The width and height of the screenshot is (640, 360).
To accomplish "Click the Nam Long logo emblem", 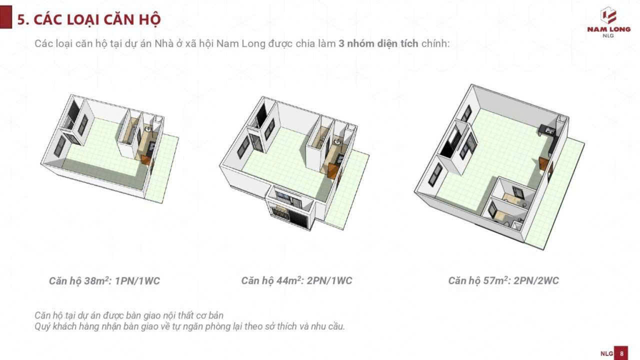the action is [608, 15].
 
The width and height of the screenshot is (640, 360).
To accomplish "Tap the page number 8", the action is [621, 353].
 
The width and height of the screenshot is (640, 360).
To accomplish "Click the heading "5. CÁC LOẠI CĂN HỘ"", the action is [89, 19].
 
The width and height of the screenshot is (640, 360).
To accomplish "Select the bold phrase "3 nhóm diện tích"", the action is [378, 43].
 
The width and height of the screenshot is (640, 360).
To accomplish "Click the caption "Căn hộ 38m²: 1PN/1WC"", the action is [104, 281].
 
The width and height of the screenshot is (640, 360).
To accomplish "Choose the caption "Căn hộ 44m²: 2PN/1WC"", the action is [296, 280].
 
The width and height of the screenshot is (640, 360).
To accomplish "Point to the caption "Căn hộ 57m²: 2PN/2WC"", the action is [503, 280].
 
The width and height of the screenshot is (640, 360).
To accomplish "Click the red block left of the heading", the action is [5, 17].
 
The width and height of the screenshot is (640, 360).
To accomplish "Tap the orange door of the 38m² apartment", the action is [146, 159].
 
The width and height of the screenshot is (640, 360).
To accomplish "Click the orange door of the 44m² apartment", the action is [333, 171].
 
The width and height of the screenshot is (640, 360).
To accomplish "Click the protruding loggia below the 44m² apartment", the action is [289, 207].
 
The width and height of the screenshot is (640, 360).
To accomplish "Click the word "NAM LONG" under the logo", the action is [608, 29].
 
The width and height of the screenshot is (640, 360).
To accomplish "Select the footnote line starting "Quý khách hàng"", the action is [189, 326].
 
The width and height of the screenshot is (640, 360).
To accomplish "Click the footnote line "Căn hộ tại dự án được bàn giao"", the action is [129, 315].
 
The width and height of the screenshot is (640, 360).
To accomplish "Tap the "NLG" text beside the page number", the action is [606, 353].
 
